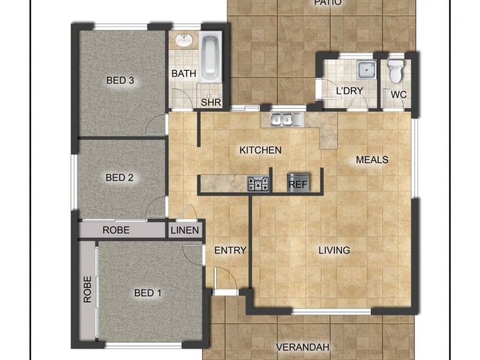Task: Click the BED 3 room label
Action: pyautogui.click(x=120, y=80)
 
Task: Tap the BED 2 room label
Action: pyautogui.click(x=119, y=178)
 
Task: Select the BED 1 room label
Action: pyautogui.click(x=148, y=293)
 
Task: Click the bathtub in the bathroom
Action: pyautogui.click(x=210, y=58)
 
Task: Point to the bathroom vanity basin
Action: pyautogui.click(x=183, y=41)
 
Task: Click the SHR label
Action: pyautogui.click(x=211, y=103)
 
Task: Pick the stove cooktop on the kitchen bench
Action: pyautogui.click(x=258, y=184)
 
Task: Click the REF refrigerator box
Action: pyautogui.click(x=298, y=184)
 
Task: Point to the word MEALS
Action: pyautogui.click(x=372, y=160)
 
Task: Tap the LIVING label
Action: pyautogui.click(x=334, y=250)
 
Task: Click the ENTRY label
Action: pyautogui.click(x=230, y=250)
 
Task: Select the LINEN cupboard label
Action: pyautogui.click(x=185, y=230)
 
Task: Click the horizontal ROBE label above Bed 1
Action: pyautogui.click(x=116, y=230)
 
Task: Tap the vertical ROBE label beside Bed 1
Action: pyautogui.click(x=88, y=289)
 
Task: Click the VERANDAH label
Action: pyautogui.click(x=304, y=347)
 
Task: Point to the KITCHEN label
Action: pyautogui.click(x=260, y=150)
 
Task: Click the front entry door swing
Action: pyautogui.click(x=225, y=277)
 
